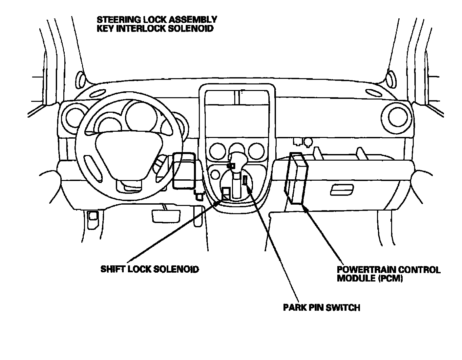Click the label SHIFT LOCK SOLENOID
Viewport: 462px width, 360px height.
click(x=150, y=269)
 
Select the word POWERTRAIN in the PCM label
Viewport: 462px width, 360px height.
click(x=364, y=270)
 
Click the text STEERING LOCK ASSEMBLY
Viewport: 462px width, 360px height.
click(x=157, y=20)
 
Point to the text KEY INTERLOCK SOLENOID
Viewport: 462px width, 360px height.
click(x=155, y=28)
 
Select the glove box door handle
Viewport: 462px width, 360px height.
click(x=342, y=190)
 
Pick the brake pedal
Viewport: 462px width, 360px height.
click(x=166, y=216)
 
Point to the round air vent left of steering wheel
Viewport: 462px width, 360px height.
click(x=75, y=118)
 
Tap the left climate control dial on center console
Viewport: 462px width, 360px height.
click(x=217, y=151)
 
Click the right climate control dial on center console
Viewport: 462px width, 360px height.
click(x=256, y=151)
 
